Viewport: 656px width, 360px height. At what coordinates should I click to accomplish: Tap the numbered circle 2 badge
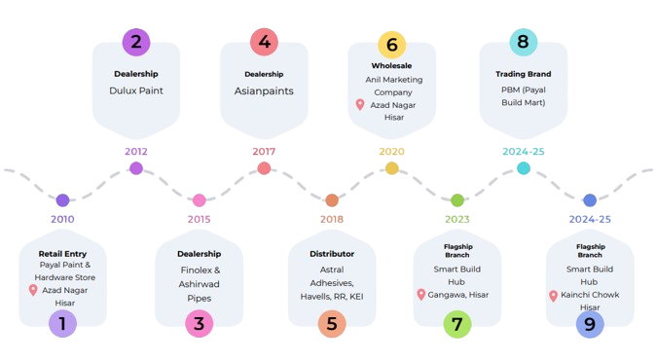click(135, 42)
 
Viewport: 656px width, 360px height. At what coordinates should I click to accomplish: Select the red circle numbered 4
click(264, 42)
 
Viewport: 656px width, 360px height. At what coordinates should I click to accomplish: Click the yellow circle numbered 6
click(391, 44)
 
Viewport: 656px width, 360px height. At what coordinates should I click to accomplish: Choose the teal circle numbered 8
click(523, 42)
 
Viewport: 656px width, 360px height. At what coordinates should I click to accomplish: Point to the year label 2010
click(62, 219)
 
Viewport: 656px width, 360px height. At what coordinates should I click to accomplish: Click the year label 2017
click(264, 152)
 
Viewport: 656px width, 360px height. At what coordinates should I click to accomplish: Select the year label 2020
click(391, 152)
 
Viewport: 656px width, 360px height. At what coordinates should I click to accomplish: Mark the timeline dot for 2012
click(135, 168)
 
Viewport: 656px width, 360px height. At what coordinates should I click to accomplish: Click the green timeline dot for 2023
click(457, 200)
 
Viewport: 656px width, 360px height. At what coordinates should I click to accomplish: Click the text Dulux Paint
click(135, 90)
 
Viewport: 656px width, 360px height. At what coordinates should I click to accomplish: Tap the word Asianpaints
click(264, 91)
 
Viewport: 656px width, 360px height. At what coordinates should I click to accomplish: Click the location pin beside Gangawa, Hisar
click(420, 295)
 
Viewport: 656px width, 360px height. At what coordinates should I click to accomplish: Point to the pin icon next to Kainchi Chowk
click(553, 295)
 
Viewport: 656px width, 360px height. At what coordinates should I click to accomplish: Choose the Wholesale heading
click(391, 65)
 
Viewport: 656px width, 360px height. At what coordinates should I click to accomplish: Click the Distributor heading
click(330, 254)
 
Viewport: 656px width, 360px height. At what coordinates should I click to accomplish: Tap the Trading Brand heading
click(523, 73)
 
